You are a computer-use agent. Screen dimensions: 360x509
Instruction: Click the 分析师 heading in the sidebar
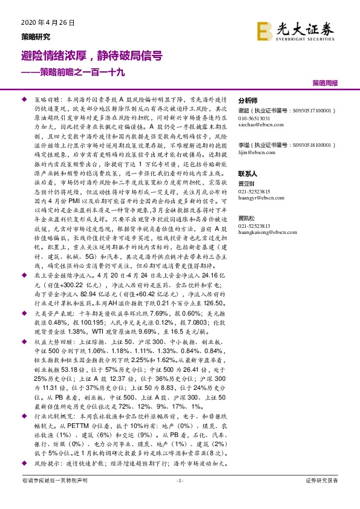[249, 101]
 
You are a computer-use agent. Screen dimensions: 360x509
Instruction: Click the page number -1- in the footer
[179, 481]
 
